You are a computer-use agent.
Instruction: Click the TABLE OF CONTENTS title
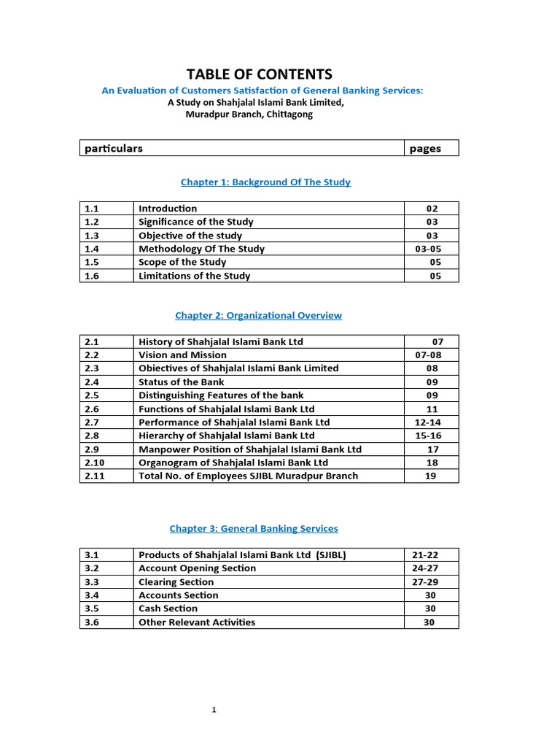coord(259,74)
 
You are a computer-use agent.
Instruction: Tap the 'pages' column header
coord(425,148)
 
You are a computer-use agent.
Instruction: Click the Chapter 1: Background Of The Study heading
coord(261,182)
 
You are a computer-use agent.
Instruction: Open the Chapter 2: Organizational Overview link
coord(258,315)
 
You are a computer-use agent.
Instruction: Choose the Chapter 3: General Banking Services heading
coord(254,528)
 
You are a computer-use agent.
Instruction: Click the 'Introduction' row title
coord(168,209)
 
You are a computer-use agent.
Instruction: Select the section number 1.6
coord(91,276)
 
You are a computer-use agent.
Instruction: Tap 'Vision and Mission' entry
coord(182,355)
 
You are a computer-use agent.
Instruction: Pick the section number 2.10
coord(94,462)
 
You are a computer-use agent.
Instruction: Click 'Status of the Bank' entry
coord(182,382)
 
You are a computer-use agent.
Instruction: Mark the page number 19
coord(432,476)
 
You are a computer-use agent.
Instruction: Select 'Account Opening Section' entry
coord(197,568)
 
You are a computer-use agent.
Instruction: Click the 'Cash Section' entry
coord(168,608)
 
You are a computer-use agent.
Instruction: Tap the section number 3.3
coord(91,582)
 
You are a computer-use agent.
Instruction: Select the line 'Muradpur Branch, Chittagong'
coord(249,115)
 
